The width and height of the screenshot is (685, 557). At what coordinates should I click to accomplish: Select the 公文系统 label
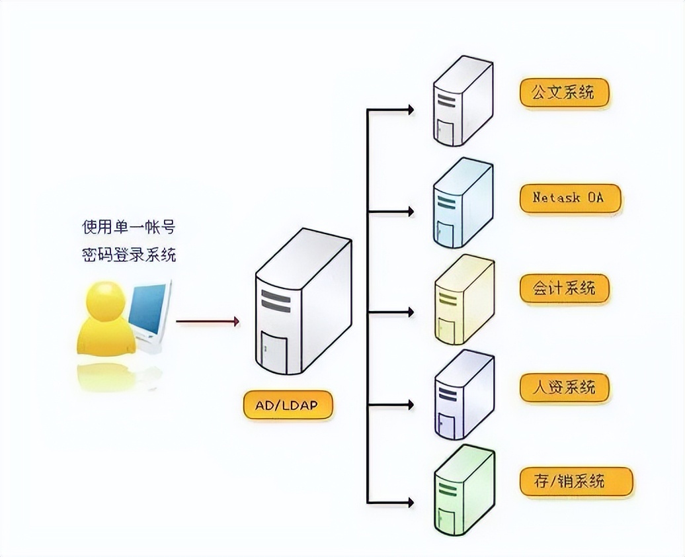point(563,91)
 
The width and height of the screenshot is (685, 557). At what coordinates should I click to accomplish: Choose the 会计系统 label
point(563,288)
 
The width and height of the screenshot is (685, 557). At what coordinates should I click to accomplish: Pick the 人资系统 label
point(563,386)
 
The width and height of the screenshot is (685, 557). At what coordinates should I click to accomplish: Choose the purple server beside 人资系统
point(464,395)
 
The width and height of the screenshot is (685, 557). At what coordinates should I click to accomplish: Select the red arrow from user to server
point(208,321)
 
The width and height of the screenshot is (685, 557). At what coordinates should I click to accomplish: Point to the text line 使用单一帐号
point(128,227)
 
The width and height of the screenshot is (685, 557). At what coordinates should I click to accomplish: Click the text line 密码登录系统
point(128,254)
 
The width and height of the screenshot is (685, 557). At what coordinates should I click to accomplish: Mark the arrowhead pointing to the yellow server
point(411,311)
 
